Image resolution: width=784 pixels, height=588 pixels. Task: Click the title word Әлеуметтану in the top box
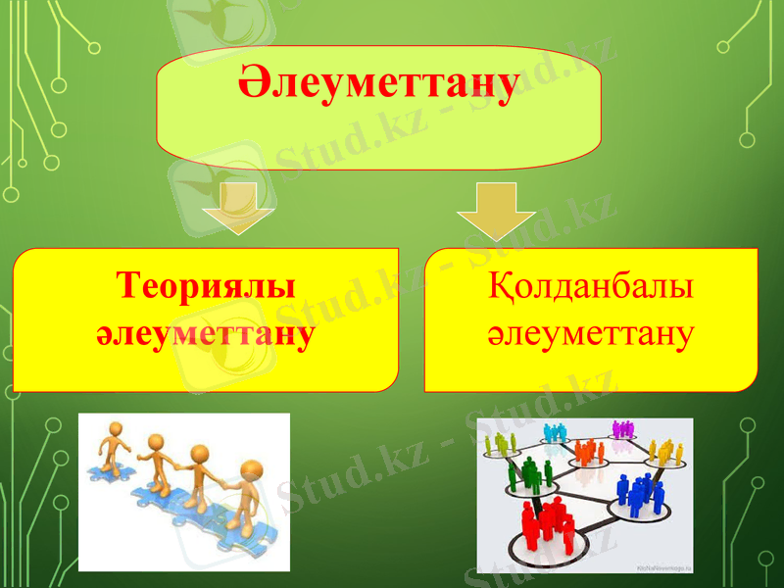(x=378, y=85)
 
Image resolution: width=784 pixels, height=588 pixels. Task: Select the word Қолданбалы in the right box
(x=590, y=288)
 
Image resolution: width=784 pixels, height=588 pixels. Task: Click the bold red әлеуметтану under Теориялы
(x=206, y=334)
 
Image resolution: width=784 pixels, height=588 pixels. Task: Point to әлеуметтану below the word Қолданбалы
(x=590, y=334)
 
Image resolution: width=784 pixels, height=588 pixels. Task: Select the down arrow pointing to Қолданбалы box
(x=496, y=209)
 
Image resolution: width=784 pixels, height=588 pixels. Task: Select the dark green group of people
(x=528, y=475)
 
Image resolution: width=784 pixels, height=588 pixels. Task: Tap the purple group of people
(x=623, y=428)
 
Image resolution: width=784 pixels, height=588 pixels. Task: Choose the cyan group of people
(x=555, y=431)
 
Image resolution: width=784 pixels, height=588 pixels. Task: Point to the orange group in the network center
(x=587, y=452)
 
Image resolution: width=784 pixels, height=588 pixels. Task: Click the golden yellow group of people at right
(x=665, y=452)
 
